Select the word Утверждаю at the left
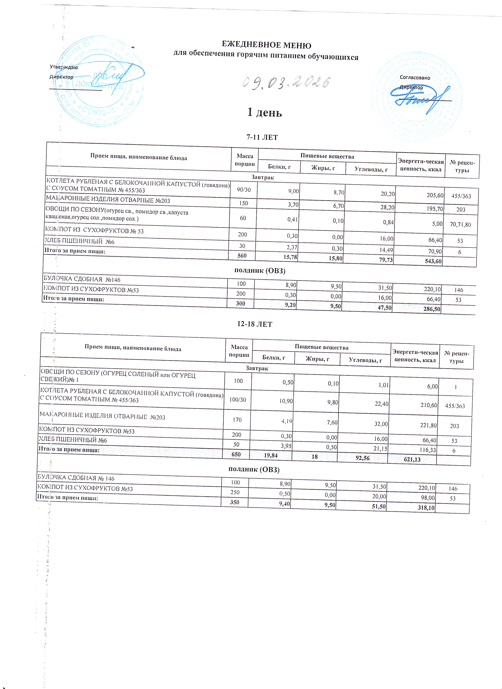(64, 67)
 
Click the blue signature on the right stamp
(423, 99)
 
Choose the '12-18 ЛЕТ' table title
(255, 324)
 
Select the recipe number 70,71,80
(460, 224)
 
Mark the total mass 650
(236, 454)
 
